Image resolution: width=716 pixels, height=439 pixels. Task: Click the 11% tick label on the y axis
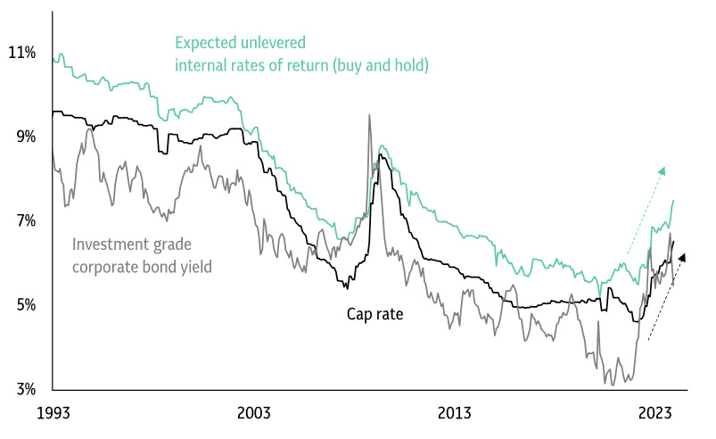coord(21,54)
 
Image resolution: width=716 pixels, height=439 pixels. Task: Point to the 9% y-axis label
coord(24,137)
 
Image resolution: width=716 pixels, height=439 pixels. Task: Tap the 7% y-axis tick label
coord(24,220)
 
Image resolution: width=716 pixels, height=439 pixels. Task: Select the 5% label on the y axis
coord(24,305)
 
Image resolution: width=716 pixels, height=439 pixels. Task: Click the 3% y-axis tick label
coord(24,389)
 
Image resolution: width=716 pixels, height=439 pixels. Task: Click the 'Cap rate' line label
coord(376,314)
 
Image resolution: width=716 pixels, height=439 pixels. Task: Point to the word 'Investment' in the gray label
coord(108,244)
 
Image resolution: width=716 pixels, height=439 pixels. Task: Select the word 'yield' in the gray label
coord(193,265)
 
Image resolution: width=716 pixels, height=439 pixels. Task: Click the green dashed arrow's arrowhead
coord(663,170)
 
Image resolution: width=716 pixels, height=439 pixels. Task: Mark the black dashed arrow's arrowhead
coord(683,257)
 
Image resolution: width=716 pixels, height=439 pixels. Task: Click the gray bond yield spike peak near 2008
coord(368,115)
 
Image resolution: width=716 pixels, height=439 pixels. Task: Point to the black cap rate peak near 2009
coord(381,155)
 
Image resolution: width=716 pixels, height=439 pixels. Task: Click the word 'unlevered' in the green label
coord(276,43)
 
